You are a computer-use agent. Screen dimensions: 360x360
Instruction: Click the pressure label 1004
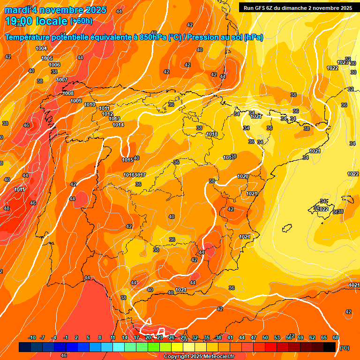pyautogui.click(x=41, y=48)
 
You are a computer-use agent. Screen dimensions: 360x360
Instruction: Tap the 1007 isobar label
pyautogui.click(x=62, y=80)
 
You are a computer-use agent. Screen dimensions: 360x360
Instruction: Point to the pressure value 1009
pyautogui.click(x=76, y=101)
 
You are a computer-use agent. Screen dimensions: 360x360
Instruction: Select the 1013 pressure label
pyautogui.click(x=114, y=119)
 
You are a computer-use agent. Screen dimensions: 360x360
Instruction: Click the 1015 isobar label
pyautogui.click(x=127, y=160)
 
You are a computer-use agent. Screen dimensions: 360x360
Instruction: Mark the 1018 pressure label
pyautogui.click(x=212, y=134)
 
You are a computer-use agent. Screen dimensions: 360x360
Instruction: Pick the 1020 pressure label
pyautogui.click(x=242, y=176)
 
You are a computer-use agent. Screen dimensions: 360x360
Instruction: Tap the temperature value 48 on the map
pyautogui.click(x=7, y=208)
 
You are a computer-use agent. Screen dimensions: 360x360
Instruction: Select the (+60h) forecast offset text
pyautogui.click(x=81, y=21)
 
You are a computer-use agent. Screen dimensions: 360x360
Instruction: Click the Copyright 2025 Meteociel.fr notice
pyautogui.click(x=199, y=356)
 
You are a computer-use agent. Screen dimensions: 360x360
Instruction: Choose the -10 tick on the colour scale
pyautogui.click(x=32, y=337)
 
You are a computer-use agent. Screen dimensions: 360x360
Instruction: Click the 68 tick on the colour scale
pyautogui.click(x=336, y=337)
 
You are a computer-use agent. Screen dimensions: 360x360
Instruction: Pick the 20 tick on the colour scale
pyautogui.click(x=148, y=337)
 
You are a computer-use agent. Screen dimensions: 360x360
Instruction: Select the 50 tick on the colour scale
pyautogui.click(x=265, y=337)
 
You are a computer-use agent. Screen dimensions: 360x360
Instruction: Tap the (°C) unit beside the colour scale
pyautogui.click(x=345, y=348)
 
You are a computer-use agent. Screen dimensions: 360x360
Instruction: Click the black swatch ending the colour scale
pyautogui.click(x=330, y=347)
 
